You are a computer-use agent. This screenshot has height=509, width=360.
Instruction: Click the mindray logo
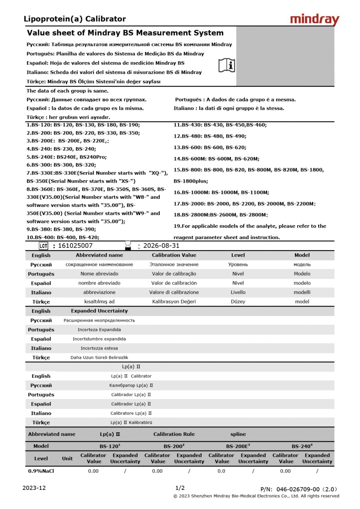(315, 19)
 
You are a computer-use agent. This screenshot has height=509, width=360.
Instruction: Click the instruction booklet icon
(227, 65)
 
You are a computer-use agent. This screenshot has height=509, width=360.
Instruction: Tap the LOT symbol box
(43, 246)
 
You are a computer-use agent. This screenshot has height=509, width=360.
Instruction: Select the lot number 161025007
(75, 246)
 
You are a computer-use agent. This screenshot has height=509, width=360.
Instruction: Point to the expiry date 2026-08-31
(161, 246)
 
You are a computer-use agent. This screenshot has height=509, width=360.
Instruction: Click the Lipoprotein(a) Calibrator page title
(75, 19)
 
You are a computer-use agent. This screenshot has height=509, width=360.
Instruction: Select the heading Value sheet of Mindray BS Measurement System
(125, 33)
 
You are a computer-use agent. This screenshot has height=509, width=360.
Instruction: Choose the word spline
(238, 434)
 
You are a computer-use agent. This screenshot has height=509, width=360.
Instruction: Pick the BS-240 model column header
(302, 446)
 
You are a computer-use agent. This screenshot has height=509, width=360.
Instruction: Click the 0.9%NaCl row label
(41, 471)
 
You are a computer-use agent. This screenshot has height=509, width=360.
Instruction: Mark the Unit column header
(67, 458)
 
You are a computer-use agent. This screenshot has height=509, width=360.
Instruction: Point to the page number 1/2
(180, 488)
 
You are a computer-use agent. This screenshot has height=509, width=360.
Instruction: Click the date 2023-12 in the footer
(34, 488)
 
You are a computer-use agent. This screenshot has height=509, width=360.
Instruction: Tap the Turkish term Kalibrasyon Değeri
(174, 301)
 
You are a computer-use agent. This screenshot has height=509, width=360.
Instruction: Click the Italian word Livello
(238, 292)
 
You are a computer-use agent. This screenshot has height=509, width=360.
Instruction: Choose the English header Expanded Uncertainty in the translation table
(99, 311)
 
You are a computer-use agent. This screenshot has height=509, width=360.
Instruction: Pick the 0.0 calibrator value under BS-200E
(221, 471)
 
